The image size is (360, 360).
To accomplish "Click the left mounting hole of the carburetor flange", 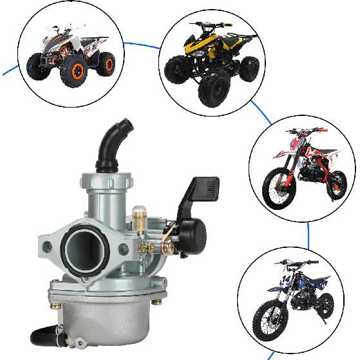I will pyautogui.click(x=49, y=244).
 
